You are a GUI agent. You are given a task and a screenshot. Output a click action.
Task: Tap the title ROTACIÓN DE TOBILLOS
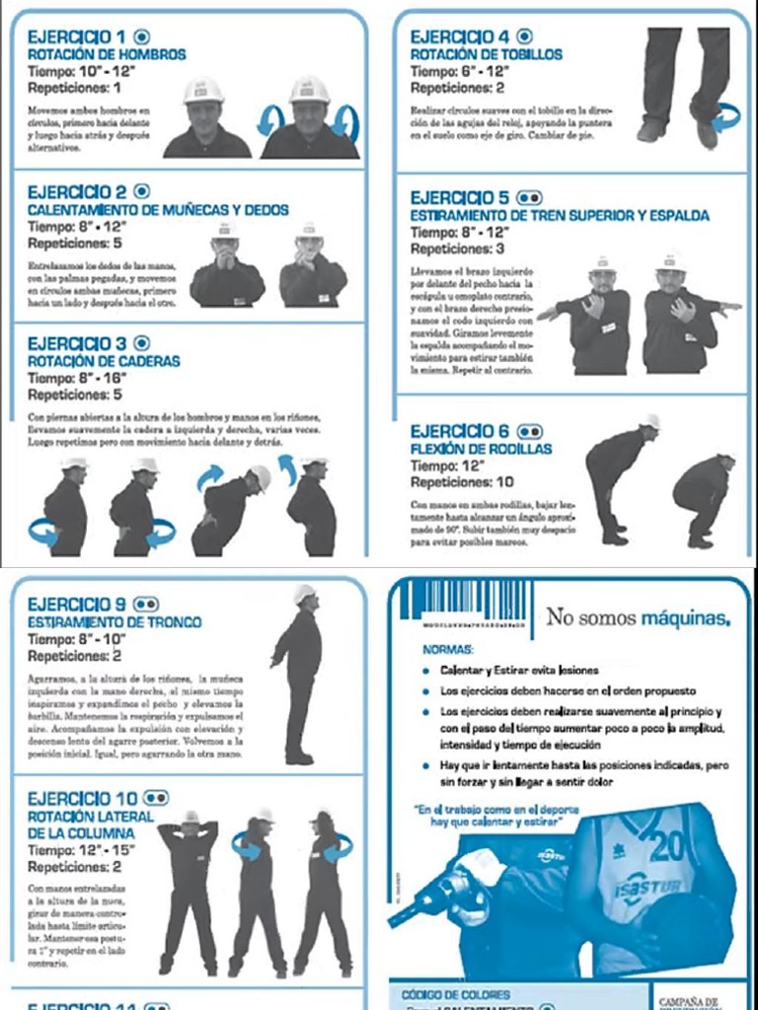tap(487, 54)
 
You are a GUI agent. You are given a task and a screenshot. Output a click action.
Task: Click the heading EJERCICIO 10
tap(84, 798)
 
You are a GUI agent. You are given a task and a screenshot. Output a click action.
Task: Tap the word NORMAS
tap(447, 651)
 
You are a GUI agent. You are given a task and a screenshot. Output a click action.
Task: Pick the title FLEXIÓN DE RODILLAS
tap(480, 449)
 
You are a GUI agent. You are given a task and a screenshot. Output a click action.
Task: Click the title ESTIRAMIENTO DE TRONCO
tap(114, 622)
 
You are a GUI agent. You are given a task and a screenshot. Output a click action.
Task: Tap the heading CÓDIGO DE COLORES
tap(455, 994)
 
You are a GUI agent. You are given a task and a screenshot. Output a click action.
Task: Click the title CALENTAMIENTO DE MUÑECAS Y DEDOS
tap(158, 210)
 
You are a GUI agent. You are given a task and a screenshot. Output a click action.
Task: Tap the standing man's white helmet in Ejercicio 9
tap(304, 594)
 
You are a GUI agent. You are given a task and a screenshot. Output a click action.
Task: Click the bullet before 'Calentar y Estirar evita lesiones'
tap(422, 671)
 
